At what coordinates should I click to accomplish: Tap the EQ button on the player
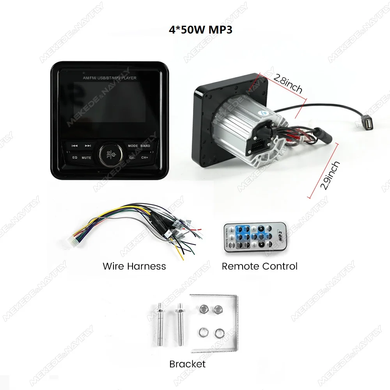pos(75,158)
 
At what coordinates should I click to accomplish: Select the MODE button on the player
pos(133,146)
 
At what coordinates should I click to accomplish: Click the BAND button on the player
pos(145,146)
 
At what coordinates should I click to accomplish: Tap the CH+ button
pos(145,158)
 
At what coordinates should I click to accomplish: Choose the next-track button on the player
pos(88,146)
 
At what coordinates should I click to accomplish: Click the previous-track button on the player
pos(74,146)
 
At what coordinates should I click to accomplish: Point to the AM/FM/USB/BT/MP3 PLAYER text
pos(110,78)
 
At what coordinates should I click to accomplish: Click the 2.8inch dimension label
pos(288,84)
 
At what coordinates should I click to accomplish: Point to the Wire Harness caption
pos(134,266)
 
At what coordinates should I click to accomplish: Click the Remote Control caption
pos(259,266)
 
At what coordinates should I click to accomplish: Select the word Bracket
pos(187,364)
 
